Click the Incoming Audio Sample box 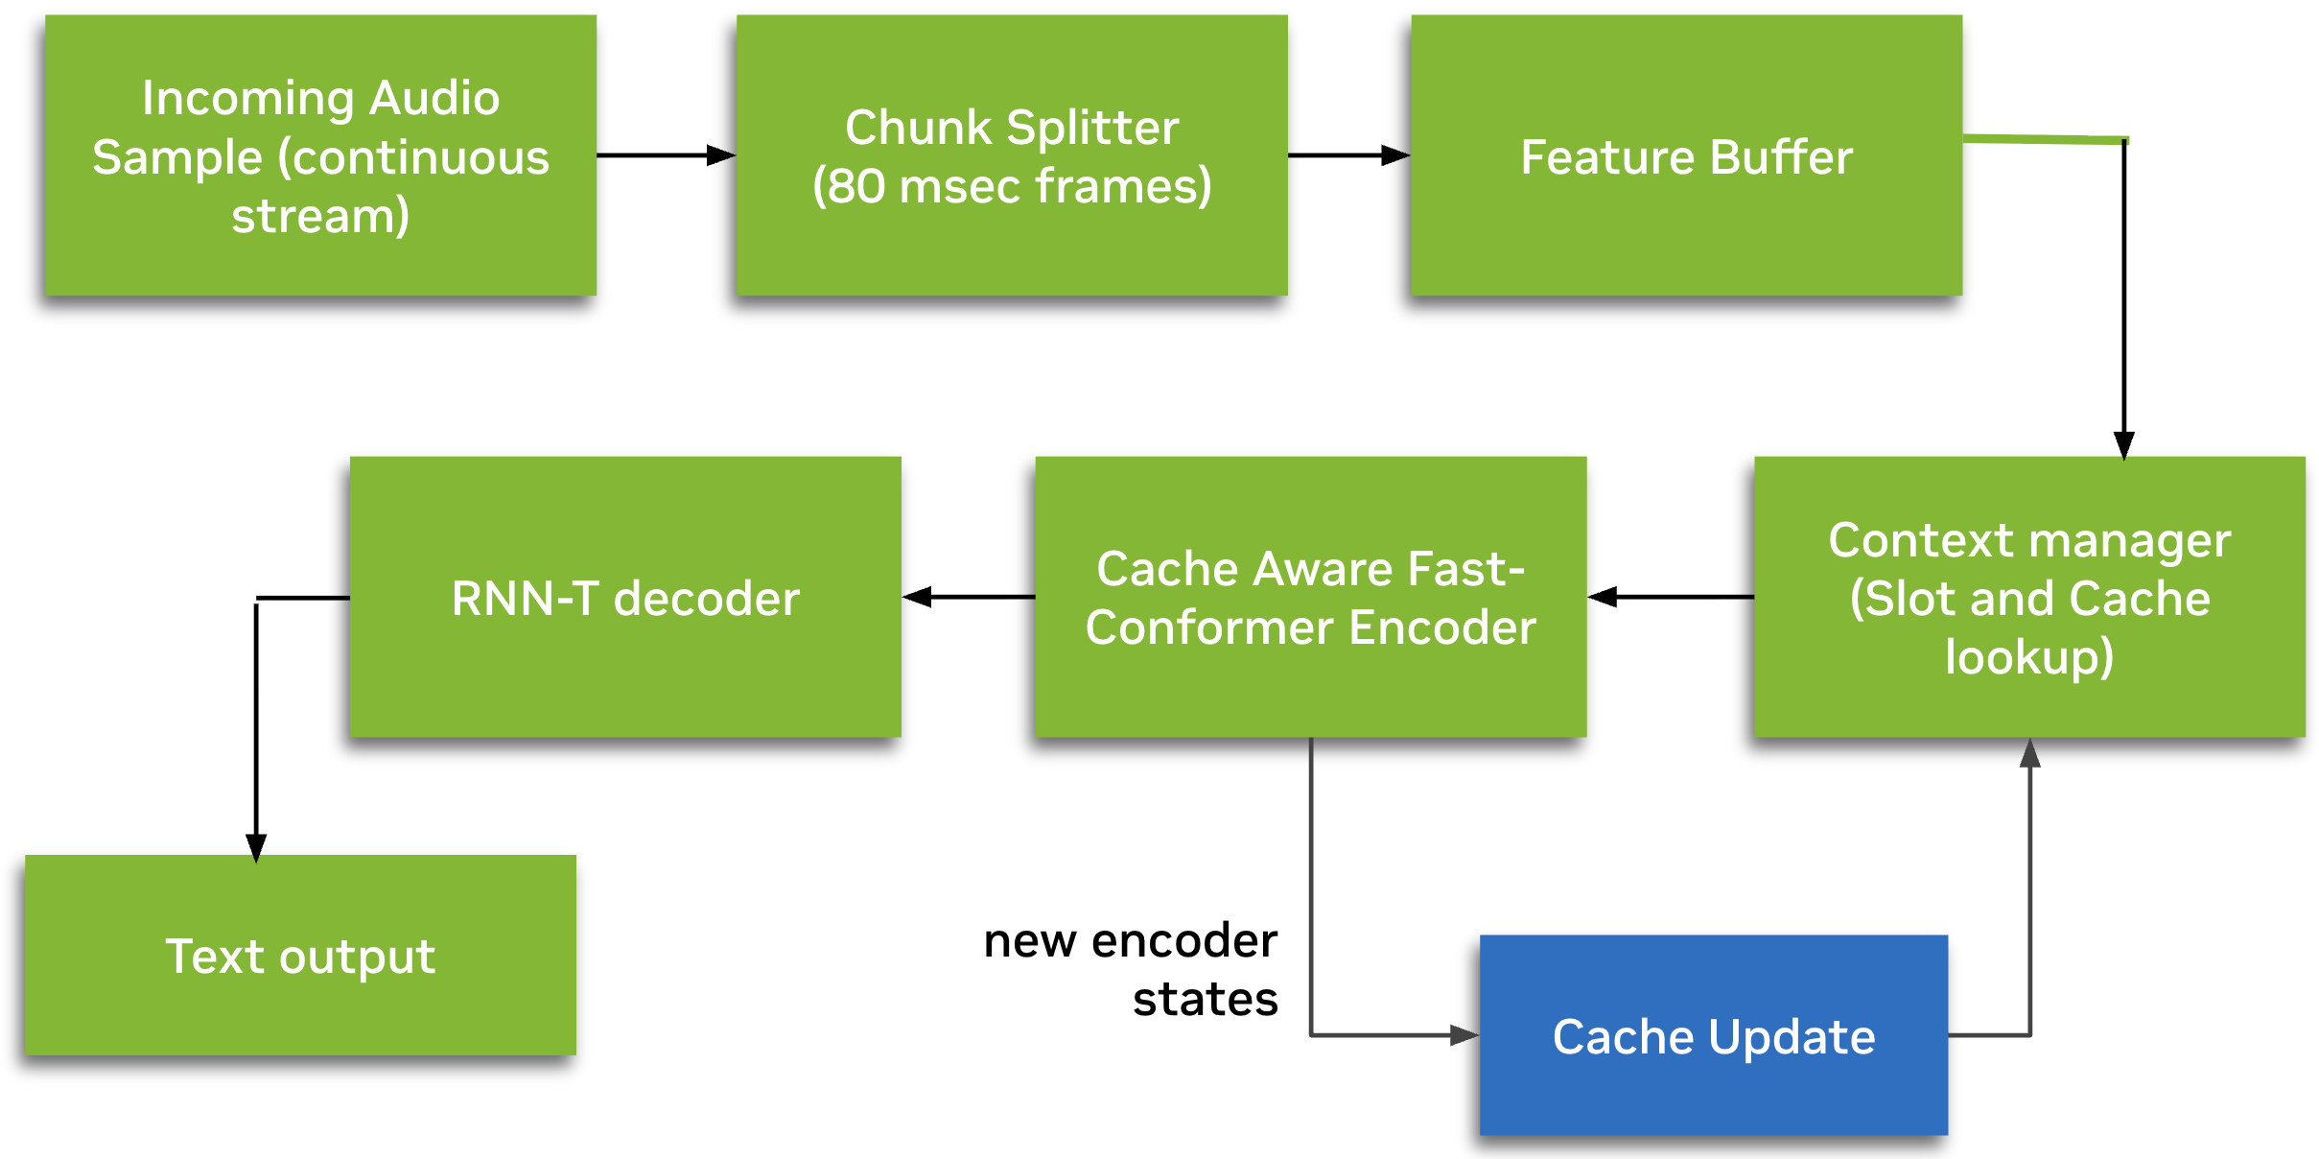(x=320, y=155)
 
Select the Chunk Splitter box (x=1012, y=155)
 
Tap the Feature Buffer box (x=1686, y=155)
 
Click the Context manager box (x=2029, y=597)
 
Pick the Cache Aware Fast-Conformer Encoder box (x=1310, y=597)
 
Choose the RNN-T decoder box (x=625, y=597)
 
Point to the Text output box (x=300, y=956)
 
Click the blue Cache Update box (x=1713, y=1035)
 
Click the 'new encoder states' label (x=1132, y=969)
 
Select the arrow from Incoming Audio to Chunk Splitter (x=666, y=155)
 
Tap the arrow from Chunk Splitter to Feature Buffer (x=1348, y=155)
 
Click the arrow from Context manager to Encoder (x=1671, y=597)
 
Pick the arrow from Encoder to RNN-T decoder (x=968, y=597)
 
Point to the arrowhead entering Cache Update (x=1464, y=1035)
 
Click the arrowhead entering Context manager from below (x=2029, y=754)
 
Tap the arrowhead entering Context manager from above (x=2124, y=445)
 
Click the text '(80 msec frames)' (x=1012, y=186)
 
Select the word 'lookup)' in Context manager (x=2029, y=657)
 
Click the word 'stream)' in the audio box (x=320, y=216)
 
